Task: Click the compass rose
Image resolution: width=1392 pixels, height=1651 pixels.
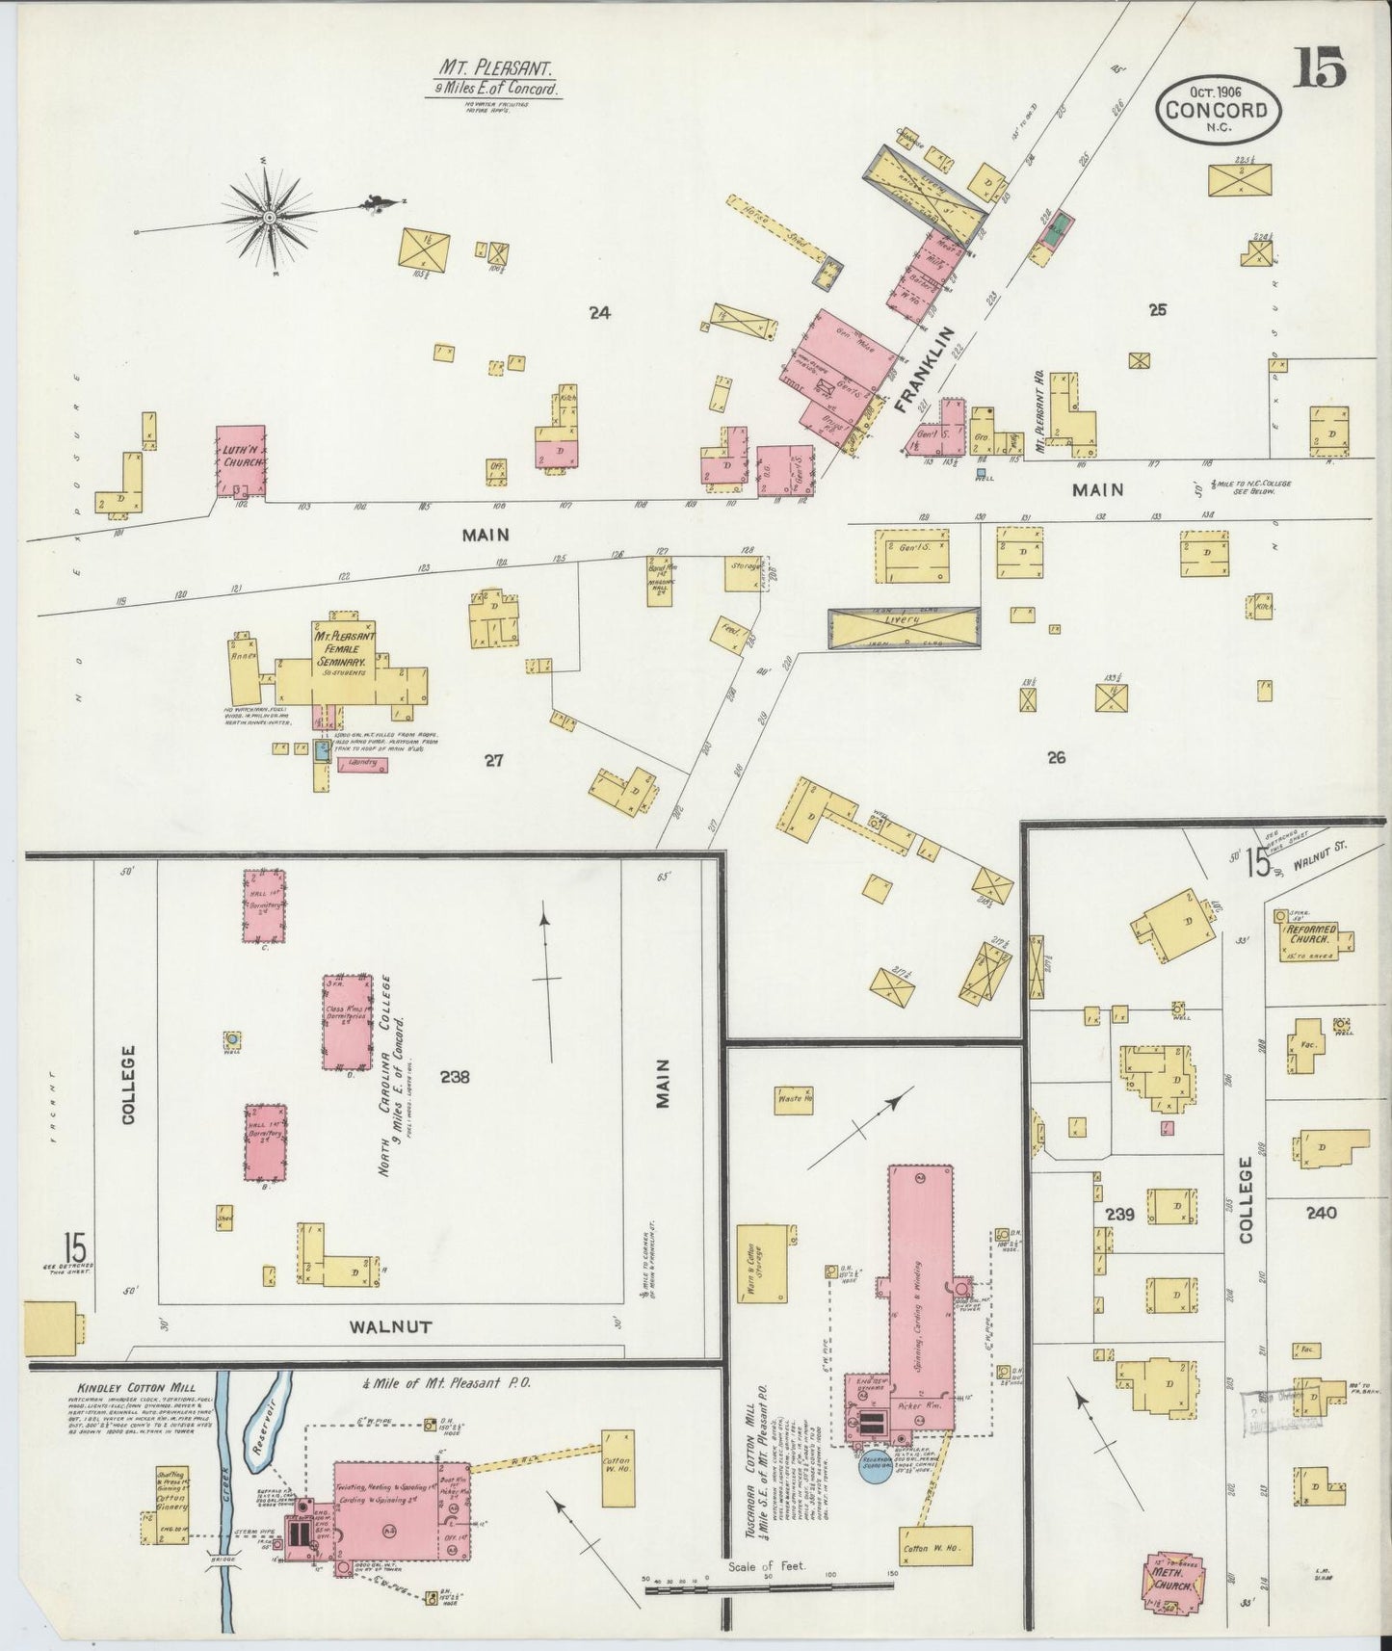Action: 271,218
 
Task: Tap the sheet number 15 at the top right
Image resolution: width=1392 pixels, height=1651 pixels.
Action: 1319,68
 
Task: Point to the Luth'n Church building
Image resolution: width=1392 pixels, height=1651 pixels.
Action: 240,461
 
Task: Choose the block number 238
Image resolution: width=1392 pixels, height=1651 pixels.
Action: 453,1077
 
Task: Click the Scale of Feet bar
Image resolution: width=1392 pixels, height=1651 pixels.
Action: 771,1582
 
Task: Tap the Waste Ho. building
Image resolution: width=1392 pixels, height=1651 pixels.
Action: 795,1099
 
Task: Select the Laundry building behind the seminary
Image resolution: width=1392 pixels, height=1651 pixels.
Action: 361,765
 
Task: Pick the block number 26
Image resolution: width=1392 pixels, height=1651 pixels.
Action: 1056,758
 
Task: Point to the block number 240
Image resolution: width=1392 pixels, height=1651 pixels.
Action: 1321,1213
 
